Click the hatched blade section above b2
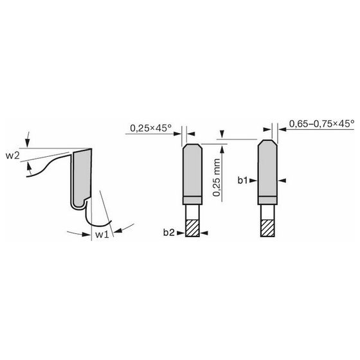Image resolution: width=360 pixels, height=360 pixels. click(x=192, y=226)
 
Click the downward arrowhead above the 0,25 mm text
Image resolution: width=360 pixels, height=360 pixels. click(x=222, y=136)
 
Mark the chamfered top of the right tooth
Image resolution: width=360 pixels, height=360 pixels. click(x=267, y=141)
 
